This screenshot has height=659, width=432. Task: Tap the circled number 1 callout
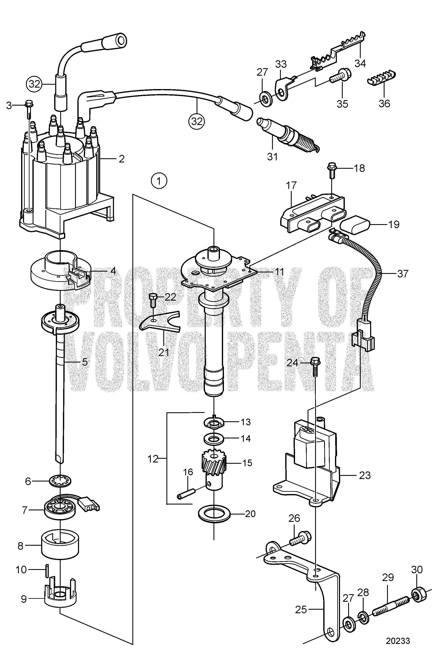[159, 181]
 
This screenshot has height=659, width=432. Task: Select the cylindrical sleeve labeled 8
[60, 545]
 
